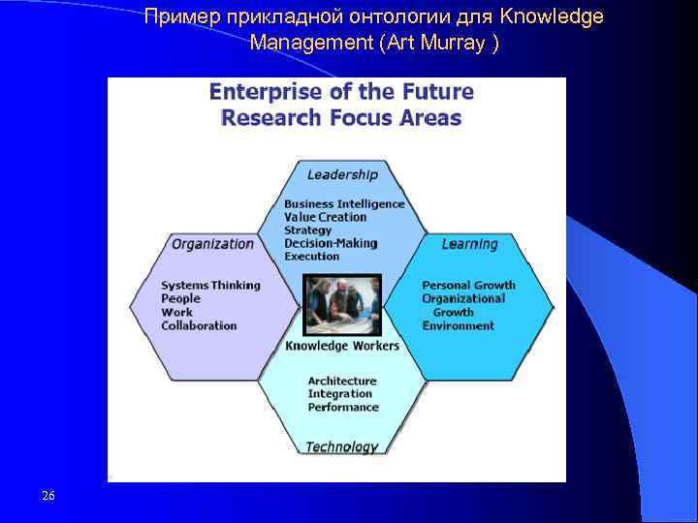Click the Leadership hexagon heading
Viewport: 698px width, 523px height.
[342, 175]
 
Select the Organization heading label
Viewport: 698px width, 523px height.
[212, 244]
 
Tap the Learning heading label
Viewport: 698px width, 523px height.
[469, 244]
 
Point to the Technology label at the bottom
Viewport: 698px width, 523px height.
[341, 446]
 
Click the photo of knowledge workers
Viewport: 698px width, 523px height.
[342, 305]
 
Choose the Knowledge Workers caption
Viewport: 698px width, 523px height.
[342, 346]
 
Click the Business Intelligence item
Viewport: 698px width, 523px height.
[344, 204]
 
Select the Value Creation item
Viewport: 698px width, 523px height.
[325, 218]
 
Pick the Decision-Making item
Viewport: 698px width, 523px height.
[331, 244]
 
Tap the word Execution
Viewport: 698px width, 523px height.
[312, 257]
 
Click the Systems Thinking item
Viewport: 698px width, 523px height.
[210, 286]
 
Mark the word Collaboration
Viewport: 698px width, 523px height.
[199, 325]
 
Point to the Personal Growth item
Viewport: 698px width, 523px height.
[468, 286]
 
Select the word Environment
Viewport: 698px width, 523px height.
[458, 326]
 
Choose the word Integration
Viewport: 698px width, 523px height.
[339, 394]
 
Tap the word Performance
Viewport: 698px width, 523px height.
[343, 408]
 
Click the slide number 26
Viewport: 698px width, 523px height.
[48, 497]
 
